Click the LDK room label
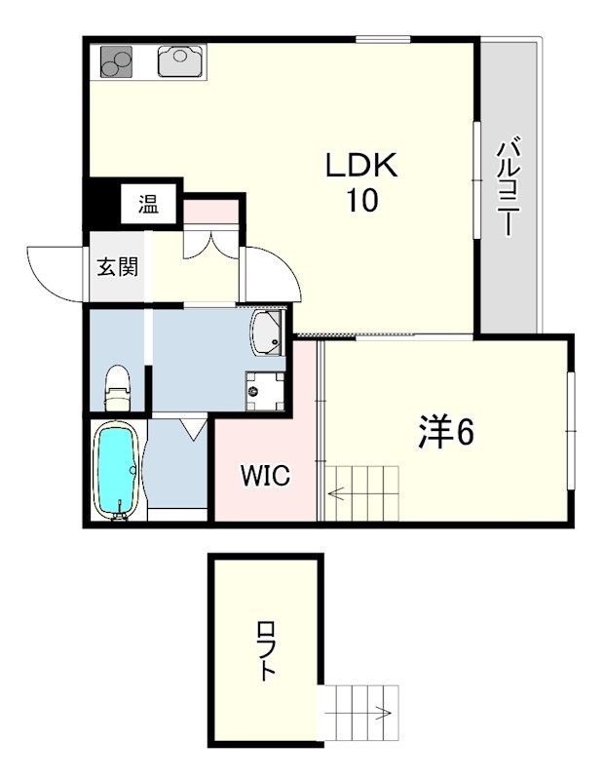[x=361, y=167]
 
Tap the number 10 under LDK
[x=361, y=201]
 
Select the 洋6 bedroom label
[x=446, y=432]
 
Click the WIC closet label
[x=264, y=476]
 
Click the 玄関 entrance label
[x=117, y=265]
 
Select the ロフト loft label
[x=266, y=650]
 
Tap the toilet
[x=118, y=387]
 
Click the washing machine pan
[x=264, y=391]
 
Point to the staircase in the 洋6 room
[x=362, y=494]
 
